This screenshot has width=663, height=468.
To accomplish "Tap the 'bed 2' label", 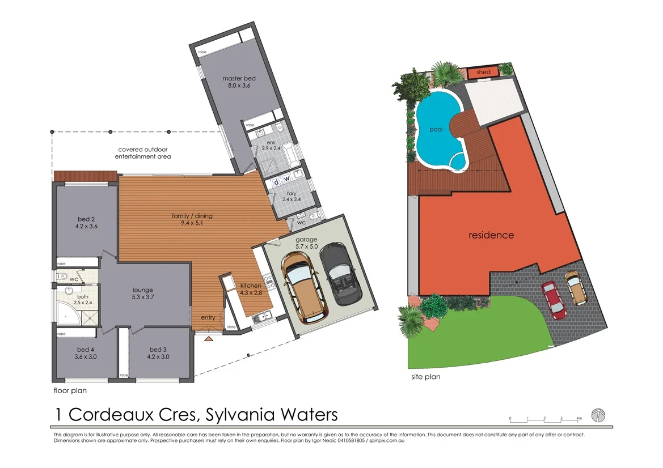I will (86, 219).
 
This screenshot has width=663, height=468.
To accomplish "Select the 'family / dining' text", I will (192, 215).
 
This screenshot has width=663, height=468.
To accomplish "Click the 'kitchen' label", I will (250, 286).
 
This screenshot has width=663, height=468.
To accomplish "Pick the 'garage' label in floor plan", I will (307, 239).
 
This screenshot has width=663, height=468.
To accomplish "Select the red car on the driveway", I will (554, 299).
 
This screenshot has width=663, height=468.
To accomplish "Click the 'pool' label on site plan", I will (436, 129).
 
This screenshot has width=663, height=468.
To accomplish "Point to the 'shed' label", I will (483, 73).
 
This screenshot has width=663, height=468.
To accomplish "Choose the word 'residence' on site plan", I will (491, 235).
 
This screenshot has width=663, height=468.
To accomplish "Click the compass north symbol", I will (598, 415).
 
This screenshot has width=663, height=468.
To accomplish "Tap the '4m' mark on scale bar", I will (579, 418).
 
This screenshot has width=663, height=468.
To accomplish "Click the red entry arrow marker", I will (209, 339).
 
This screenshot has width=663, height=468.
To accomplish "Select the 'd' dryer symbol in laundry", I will (277, 182).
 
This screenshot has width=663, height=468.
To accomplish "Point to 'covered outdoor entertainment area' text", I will (143, 153).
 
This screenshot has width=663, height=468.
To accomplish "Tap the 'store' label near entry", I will (230, 327).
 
